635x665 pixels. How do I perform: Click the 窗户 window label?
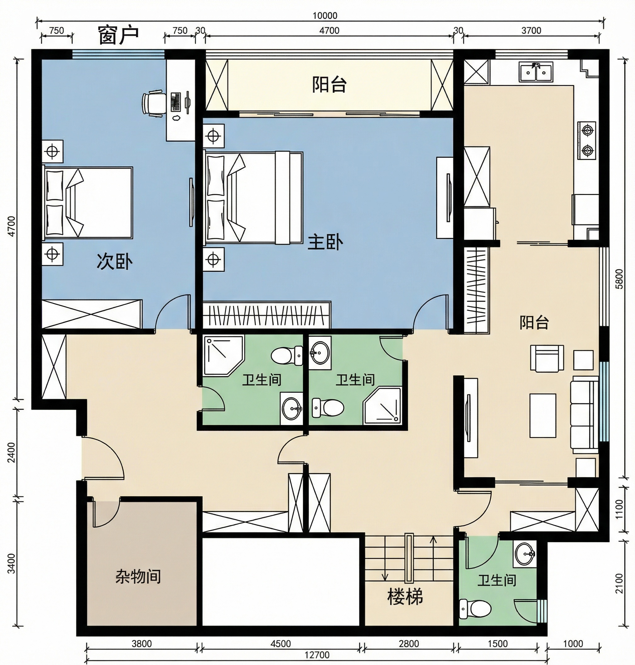(x=118, y=35)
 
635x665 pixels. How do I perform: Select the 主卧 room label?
(x=325, y=242)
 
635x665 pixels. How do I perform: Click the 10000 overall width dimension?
(x=325, y=15)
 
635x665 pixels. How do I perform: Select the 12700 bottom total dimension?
(x=317, y=655)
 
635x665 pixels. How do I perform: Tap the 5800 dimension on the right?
(x=619, y=279)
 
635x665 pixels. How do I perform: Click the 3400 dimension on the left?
(x=12, y=564)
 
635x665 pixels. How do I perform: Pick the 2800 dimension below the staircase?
(x=409, y=643)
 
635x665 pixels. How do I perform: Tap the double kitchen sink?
(x=536, y=72)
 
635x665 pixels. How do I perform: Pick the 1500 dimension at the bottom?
(x=498, y=643)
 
